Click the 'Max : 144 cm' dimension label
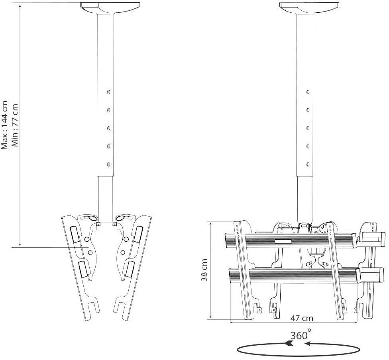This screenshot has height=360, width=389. coord(5,124)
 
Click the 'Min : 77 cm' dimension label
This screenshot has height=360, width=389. coord(16,124)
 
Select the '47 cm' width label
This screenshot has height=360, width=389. coord(301,318)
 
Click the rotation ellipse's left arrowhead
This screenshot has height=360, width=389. coord(288,343)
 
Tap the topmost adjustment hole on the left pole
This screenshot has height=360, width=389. coord(108,92)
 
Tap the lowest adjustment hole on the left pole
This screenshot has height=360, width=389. coord(108,164)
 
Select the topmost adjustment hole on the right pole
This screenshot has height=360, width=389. coord(308,92)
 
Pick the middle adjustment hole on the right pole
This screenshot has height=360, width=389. coord(308,128)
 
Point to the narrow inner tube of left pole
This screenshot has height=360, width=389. coord(106,197)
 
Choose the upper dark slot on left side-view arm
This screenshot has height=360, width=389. coord(75,234)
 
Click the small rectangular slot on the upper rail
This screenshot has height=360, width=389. coord(283,241)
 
